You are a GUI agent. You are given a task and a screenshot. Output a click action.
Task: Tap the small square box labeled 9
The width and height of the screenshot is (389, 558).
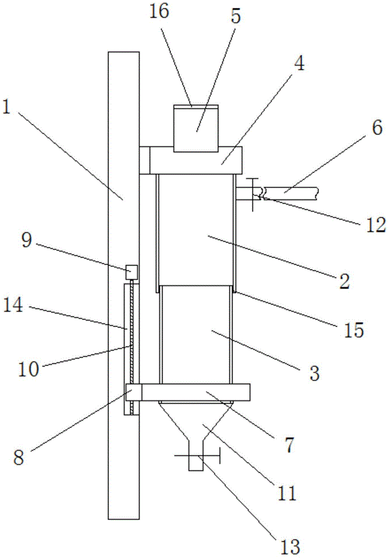pyautogui.click(x=131, y=272)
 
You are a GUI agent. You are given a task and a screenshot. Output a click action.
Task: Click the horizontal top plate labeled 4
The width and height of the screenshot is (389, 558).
pyautogui.click(x=196, y=160)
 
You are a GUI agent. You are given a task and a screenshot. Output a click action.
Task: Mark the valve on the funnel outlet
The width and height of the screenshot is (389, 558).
pyautogui.click(x=197, y=456)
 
